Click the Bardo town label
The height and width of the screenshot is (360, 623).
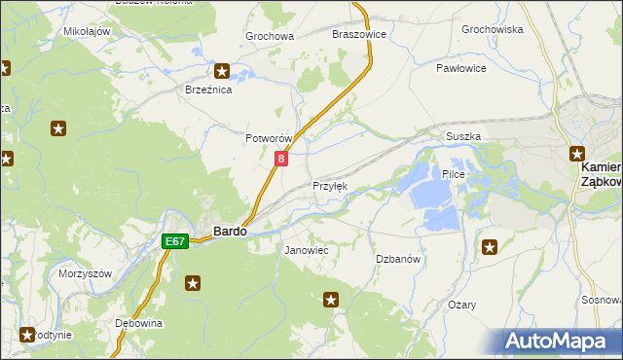[x=229, y=233]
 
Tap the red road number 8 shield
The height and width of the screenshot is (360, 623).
[x=281, y=158]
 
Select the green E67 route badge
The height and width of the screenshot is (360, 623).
[x=175, y=241]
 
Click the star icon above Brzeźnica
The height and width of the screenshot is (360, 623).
[x=222, y=70]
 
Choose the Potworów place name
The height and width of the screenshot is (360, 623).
[x=269, y=139]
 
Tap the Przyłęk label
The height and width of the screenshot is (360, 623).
[x=329, y=186]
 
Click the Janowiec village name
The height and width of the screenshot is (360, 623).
[x=306, y=251]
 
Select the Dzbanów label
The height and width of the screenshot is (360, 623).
[x=398, y=259]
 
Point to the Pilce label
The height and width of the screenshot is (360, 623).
[x=455, y=174]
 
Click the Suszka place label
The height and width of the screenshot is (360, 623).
[x=463, y=137]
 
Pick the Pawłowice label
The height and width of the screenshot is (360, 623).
[x=460, y=69]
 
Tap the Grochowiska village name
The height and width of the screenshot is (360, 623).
[x=493, y=29]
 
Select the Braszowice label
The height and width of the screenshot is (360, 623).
[x=359, y=34]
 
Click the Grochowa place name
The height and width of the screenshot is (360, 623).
[x=270, y=37]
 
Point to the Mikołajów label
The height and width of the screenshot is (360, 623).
[x=87, y=31]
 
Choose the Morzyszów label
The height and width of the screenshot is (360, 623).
[x=86, y=273]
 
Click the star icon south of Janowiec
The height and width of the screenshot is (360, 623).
[x=331, y=300]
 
